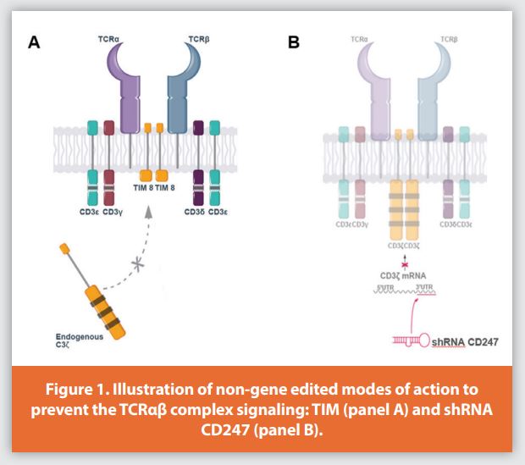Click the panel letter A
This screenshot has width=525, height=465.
tap(35, 42)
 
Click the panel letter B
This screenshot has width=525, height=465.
tap(294, 42)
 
